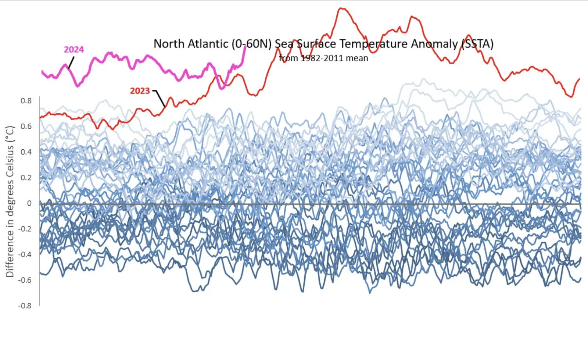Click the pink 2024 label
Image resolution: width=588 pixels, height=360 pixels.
[x=74, y=50]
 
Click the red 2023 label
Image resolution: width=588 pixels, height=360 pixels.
[x=140, y=91]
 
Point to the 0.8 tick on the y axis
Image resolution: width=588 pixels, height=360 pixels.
[x=26, y=101]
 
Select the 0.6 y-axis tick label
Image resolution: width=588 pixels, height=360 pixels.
[x=26, y=126]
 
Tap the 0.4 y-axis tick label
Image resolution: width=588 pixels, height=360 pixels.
[x=26, y=152]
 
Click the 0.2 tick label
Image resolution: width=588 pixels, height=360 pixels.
[x=26, y=178]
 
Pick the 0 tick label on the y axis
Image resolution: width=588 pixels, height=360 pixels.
[x=29, y=203]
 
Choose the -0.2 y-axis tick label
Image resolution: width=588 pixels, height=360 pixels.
[x=25, y=229]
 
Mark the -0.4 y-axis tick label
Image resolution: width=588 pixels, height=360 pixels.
[x=25, y=254]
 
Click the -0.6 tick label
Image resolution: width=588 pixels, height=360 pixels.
[x=25, y=280]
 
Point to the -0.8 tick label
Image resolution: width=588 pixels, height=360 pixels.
[x=25, y=306]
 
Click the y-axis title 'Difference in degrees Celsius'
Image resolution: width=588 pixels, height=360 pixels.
[x=10, y=202]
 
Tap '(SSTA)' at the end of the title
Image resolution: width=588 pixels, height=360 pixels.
[x=477, y=44]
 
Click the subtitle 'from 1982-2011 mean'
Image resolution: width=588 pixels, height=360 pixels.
[x=323, y=58]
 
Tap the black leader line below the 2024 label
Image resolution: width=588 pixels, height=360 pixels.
[x=71, y=63]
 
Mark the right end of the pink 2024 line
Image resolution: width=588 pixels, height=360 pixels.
[x=245, y=47]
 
